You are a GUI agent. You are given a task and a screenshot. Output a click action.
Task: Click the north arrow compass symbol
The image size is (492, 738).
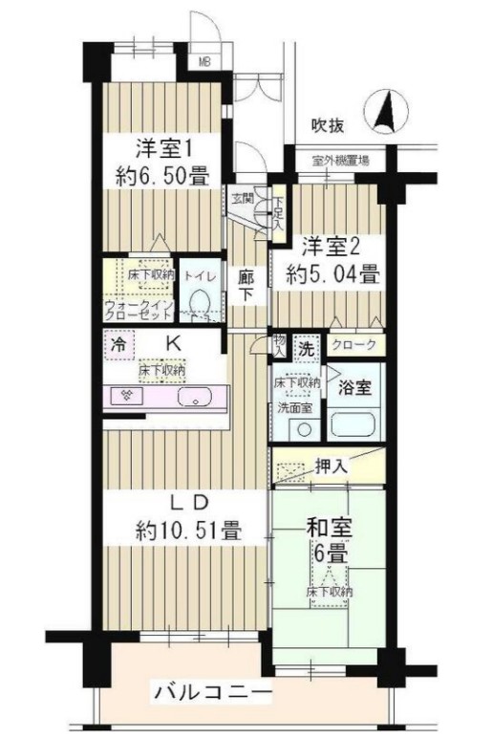pyautogui.click(x=388, y=111)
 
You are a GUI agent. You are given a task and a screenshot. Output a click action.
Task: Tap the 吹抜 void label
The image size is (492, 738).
pyautogui.click(x=328, y=124)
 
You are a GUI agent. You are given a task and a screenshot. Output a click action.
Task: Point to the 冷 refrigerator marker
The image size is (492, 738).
pyautogui.click(x=118, y=343)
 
